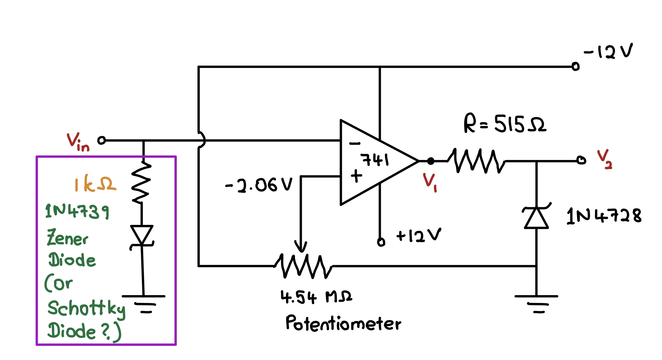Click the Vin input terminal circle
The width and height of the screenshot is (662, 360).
(x=102, y=140)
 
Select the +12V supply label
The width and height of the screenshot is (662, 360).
(x=419, y=235)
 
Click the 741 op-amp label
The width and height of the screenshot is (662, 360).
(x=375, y=159)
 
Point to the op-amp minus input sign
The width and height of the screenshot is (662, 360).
(x=355, y=144)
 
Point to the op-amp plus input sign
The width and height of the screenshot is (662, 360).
(x=356, y=176)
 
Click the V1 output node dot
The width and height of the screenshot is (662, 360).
(x=431, y=161)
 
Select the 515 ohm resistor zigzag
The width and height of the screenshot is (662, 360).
(x=476, y=161)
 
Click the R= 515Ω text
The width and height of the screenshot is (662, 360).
(x=505, y=124)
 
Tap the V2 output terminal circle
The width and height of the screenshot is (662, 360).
(x=581, y=160)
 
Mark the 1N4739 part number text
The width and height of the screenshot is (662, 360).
(x=77, y=211)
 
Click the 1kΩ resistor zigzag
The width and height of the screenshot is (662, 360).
(x=141, y=183)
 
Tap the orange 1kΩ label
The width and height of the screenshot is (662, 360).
(x=95, y=183)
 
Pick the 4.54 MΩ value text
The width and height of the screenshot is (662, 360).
(x=316, y=297)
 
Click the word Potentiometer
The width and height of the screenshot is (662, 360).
(x=343, y=323)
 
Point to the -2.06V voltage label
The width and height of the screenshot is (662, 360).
(x=259, y=184)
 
